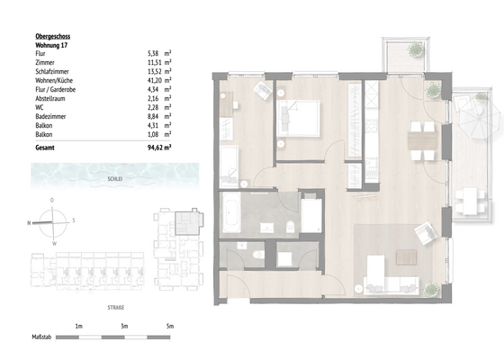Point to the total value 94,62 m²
(157, 145)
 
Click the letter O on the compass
(53, 200)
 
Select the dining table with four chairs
(418, 139)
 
